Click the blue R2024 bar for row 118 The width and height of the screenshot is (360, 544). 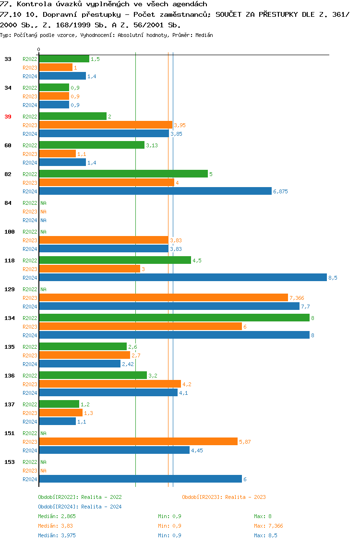tap(182, 278)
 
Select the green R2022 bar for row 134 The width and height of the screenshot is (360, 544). tap(174, 318)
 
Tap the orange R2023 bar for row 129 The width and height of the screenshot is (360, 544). tap(163, 298)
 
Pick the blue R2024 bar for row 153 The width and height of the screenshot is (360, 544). tap(140, 479)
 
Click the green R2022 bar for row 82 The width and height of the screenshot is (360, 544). tap(123, 174)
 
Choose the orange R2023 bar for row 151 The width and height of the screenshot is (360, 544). tap(138, 442)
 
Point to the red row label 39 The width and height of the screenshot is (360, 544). tap(8, 117)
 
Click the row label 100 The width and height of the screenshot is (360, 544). tap(10, 232)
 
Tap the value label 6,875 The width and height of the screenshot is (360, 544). tap(280, 191)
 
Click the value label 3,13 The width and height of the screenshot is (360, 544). tap(152, 145)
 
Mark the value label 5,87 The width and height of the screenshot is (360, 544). tap(245, 442)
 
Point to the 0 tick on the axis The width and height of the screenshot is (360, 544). tap(39, 49)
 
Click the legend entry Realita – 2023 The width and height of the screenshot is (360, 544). tap(224, 497)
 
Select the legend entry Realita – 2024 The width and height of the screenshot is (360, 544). tap(80, 507)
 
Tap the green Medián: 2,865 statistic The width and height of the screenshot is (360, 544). tap(57, 516)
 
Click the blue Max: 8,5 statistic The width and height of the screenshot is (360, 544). tap(265, 535)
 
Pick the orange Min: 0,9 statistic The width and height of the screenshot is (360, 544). tap(169, 526)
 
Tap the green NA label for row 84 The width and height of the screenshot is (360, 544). tap(43, 203)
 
